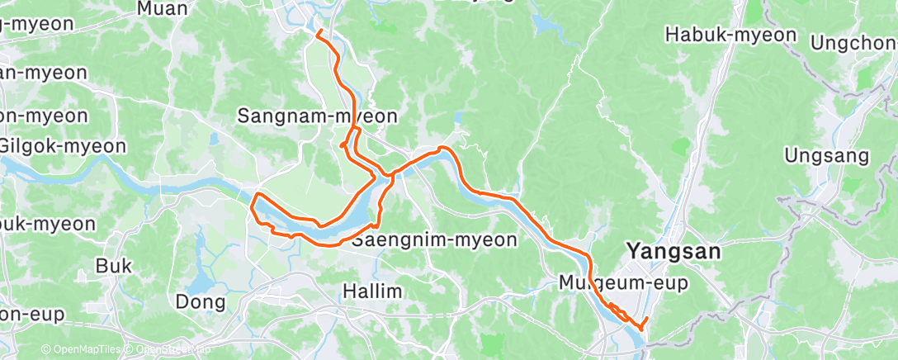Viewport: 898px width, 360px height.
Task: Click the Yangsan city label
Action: [673, 251]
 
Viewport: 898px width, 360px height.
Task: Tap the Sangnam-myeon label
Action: [317, 116]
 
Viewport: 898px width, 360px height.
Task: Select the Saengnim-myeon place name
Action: [434, 240]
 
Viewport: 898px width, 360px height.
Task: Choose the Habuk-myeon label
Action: [730, 35]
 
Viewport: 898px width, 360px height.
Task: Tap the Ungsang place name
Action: [827, 155]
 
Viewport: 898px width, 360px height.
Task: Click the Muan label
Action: [163, 9]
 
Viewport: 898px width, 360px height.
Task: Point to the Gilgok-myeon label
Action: [63, 146]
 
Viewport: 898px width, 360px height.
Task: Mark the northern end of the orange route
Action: [318, 31]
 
